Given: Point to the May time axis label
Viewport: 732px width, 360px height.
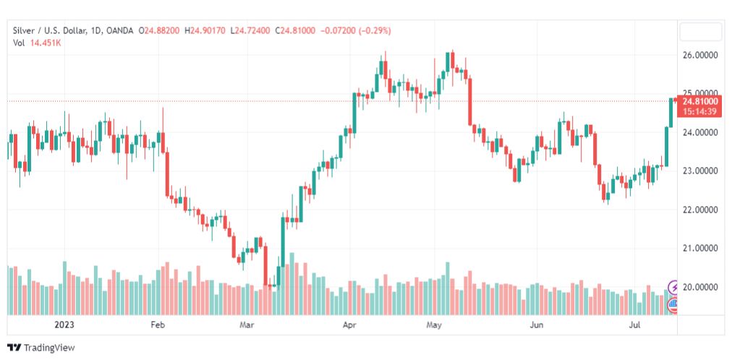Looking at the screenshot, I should pyautogui.click(x=433, y=325).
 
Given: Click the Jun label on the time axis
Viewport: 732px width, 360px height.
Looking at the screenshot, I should pyautogui.click(x=536, y=325).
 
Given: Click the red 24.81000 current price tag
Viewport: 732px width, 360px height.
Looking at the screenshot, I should pyautogui.click(x=699, y=102).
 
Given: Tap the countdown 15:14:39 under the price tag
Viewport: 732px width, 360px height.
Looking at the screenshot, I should pyautogui.click(x=699, y=111).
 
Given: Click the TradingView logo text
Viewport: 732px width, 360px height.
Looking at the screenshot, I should pyautogui.click(x=48, y=348).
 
